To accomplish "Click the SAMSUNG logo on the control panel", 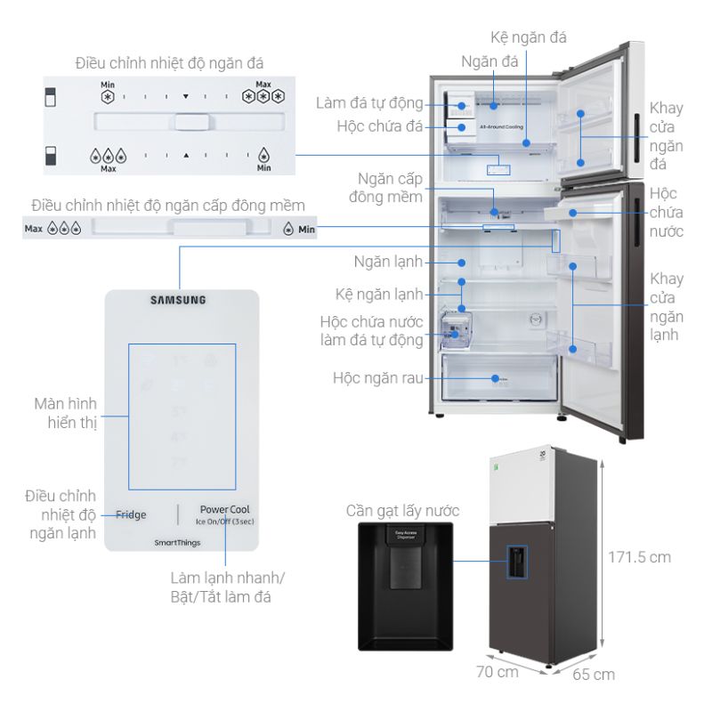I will (182, 300).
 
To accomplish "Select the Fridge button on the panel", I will (131, 514).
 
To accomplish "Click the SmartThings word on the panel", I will (175, 541).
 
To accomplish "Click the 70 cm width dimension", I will (497, 672).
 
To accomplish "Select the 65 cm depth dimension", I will (593, 674).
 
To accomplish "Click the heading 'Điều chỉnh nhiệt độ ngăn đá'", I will (169, 63).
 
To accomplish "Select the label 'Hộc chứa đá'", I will (379, 126).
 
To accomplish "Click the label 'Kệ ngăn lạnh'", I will (381, 292).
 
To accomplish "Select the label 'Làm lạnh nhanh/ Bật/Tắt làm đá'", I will (223, 587).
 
